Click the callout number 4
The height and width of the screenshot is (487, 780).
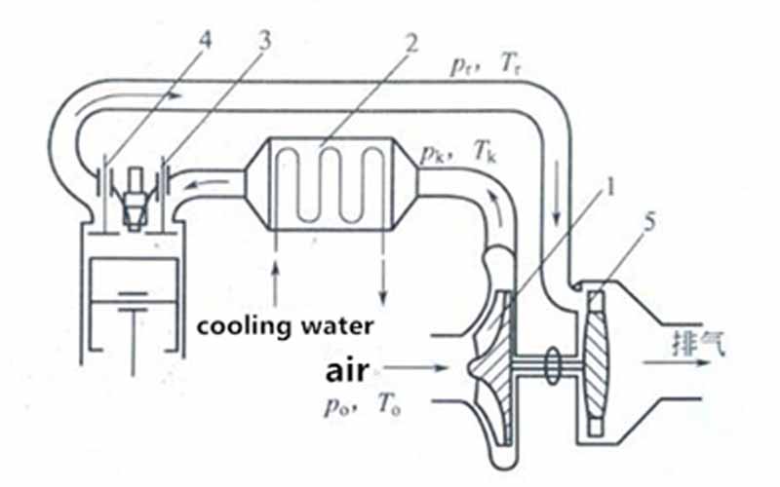click(x=205, y=40)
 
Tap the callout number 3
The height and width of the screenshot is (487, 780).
click(x=264, y=40)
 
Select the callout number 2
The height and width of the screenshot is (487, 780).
click(x=410, y=43)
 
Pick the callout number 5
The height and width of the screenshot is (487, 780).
click(x=649, y=222)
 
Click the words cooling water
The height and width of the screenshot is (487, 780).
click(x=285, y=327)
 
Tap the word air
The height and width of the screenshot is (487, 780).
click(x=347, y=371)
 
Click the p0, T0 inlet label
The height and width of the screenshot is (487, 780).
click(x=363, y=405)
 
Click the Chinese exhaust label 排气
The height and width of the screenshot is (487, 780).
click(x=699, y=343)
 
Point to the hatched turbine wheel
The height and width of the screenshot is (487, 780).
click(x=597, y=361)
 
